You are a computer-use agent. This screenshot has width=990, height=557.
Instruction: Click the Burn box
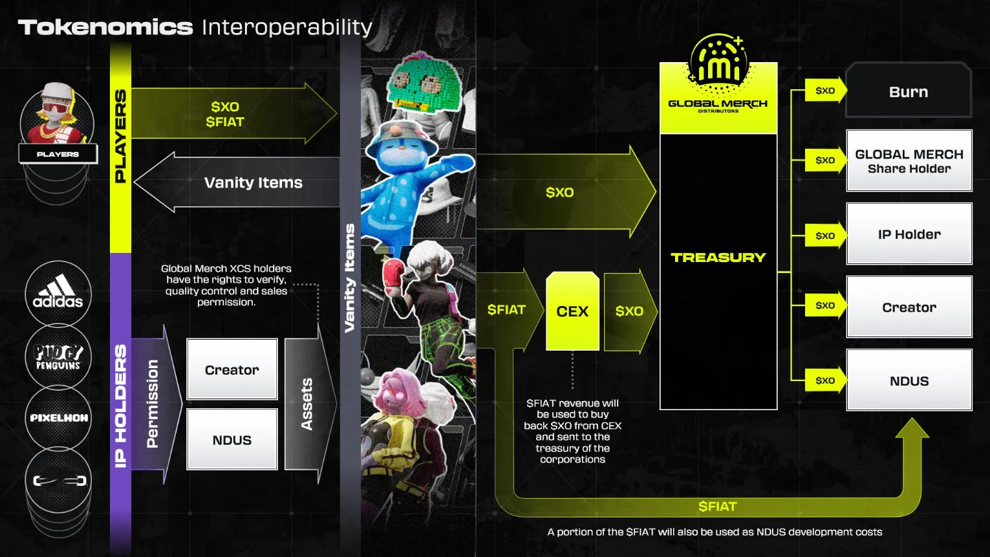(909, 91)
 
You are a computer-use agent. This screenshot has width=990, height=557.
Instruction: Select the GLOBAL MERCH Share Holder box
(909, 161)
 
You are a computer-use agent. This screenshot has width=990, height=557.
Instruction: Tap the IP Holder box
(909, 234)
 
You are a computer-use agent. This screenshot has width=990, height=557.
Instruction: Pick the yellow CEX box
(572, 311)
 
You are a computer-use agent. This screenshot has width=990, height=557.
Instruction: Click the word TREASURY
(718, 257)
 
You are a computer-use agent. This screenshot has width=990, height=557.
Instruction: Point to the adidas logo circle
(58, 294)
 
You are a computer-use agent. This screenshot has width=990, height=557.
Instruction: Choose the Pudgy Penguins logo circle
(58, 356)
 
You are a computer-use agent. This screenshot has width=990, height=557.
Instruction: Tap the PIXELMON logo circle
(58, 418)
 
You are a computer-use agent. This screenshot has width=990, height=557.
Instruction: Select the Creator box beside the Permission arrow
(232, 369)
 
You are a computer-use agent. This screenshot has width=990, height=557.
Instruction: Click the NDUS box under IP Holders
(232, 440)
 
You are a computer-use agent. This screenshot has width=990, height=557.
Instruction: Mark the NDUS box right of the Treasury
(909, 380)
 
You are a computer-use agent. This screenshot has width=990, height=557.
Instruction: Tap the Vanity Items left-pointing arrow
(237, 182)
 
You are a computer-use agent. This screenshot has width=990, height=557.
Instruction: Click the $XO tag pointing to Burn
(824, 91)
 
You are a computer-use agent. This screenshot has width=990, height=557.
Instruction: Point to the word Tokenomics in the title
(105, 27)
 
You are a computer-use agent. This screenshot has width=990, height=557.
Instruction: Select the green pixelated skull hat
(423, 83)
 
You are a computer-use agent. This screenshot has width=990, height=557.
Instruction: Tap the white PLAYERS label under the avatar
(58, 154)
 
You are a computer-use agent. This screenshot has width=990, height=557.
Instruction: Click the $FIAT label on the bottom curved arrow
(717, 507)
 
